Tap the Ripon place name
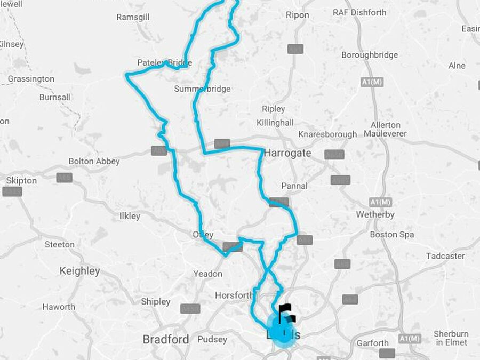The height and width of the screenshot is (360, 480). coord(297,15)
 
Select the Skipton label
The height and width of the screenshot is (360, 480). coord(21,180)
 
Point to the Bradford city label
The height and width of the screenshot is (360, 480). coord(165,339)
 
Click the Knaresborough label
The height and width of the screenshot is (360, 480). coord(327,134)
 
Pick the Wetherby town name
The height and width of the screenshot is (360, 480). coord(375,214)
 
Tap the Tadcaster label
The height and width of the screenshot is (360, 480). coord(445,256)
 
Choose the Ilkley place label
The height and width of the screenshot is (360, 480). coord(130,216)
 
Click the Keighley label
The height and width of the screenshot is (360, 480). coord(79,271)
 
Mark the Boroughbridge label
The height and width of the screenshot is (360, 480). coord(370,55)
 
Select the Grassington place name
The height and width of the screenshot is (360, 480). coord(31,79)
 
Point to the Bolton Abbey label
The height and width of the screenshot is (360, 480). coord(94,161)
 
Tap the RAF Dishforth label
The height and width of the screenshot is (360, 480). coord(359,12)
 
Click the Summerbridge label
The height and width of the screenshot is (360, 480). coord(202,89)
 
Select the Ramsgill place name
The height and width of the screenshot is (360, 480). coord(132,17)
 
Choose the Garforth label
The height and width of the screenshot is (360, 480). coord(373,343)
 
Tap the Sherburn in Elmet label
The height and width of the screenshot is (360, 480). coord(451,338)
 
